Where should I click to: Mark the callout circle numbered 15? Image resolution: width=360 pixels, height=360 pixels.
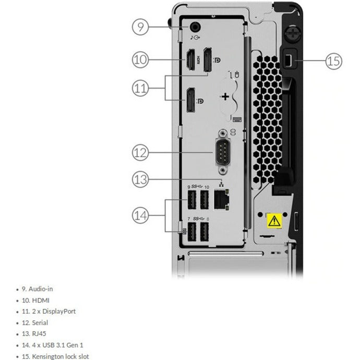pos(334,61)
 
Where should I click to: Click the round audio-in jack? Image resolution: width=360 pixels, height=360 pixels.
pos(196,26)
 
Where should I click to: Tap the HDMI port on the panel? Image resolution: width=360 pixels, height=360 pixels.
pos(191,60)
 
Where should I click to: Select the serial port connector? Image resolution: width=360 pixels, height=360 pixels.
pos(223,153)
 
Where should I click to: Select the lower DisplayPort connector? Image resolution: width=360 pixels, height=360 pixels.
pos(190,100)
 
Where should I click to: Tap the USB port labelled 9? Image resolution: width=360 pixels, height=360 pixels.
pos(191,199)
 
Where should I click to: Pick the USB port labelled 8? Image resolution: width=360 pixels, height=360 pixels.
pos(205,231)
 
